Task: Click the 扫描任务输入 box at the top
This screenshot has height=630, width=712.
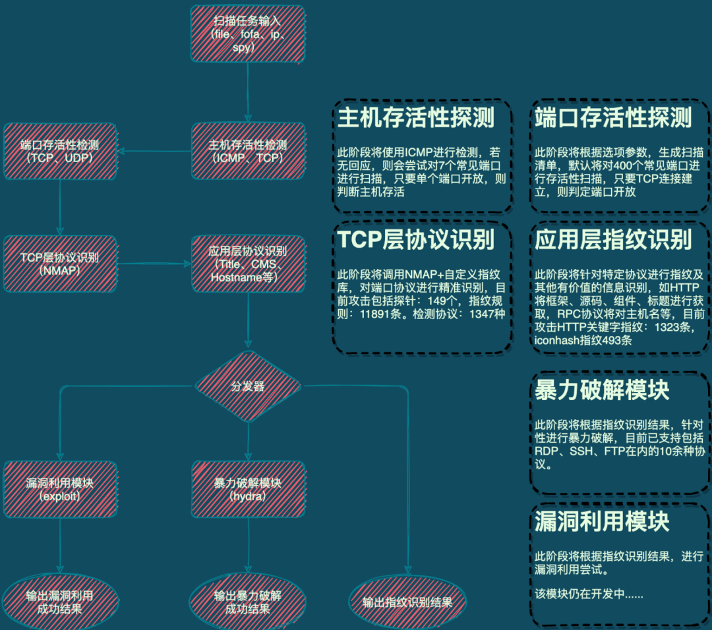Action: click(247, 34)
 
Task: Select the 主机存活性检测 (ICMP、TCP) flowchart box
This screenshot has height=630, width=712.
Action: click(247, 151)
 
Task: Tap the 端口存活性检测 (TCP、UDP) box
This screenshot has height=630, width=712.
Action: click(59, 151)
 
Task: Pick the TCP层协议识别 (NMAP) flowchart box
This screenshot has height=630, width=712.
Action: click(59, 264)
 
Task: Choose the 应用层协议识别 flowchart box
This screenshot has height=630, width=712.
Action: click(247, 264)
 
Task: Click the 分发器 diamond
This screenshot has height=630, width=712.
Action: click(248, 386)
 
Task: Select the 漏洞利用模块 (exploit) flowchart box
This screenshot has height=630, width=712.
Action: click(59, 489)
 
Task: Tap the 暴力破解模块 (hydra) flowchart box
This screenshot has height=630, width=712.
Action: click(248, 489)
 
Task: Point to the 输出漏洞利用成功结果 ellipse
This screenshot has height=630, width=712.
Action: click(59, 602)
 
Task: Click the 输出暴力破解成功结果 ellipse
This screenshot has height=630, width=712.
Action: click(248, 602)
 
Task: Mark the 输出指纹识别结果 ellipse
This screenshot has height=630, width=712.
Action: click(407, 602)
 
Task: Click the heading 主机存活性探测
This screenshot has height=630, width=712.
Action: click(415, 118)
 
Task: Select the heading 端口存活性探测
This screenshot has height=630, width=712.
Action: click(613, 118)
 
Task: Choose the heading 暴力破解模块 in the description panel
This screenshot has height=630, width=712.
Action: click(601, 390)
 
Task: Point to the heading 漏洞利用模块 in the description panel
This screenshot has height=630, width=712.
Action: click(601, 522)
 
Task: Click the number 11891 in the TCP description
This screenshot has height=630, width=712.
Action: click(372, 314)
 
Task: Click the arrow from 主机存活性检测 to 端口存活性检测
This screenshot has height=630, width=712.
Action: click(155, 151)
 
